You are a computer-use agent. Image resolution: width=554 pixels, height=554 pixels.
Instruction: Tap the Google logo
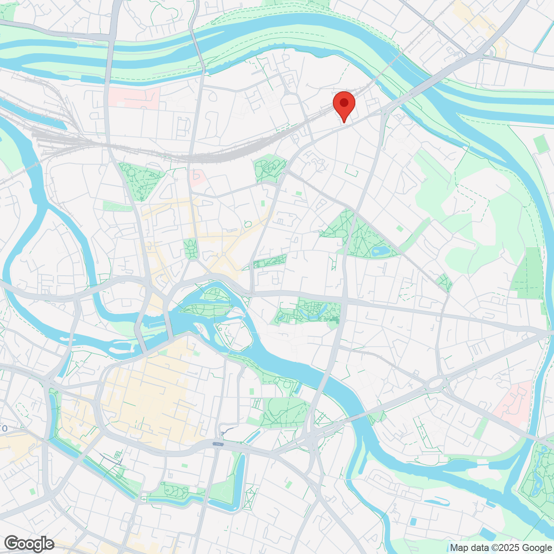tap(29, 544)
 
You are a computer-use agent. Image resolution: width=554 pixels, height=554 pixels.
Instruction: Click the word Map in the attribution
tap(459, 548)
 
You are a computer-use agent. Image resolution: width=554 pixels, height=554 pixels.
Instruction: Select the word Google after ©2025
tap(537, 548)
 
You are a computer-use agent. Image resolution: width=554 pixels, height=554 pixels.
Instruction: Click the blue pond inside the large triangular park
tap(381, 251)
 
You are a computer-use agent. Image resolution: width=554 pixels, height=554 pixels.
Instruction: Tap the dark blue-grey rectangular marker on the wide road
tap(218, 444)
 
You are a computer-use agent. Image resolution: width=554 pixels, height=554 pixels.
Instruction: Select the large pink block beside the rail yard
tap(134, 98)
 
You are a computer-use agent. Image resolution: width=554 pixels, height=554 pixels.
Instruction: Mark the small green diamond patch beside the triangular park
tap(399, 228)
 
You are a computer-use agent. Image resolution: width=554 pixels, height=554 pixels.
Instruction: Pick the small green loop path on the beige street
tap(248, 224)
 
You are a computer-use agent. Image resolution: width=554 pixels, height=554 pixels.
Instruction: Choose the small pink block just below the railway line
tap(197, 177)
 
